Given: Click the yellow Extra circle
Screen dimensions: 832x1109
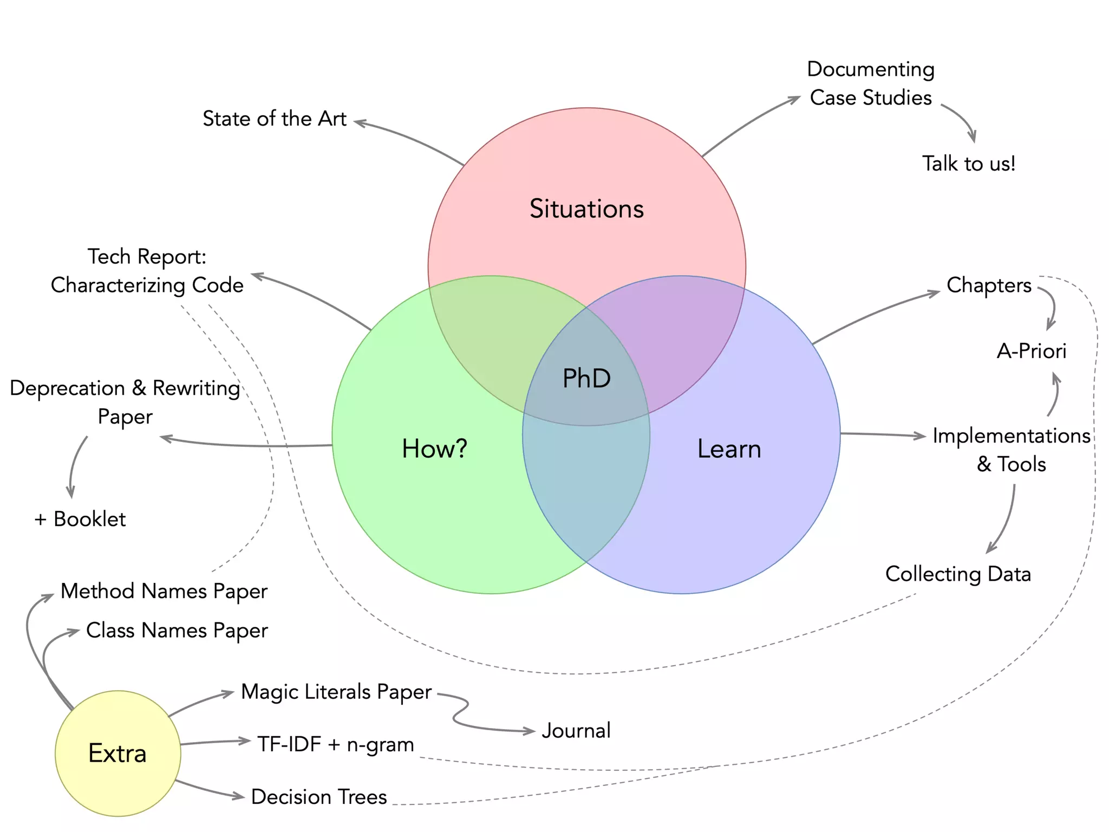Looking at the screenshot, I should point(118,753).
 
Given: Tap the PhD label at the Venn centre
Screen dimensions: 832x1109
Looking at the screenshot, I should point(586,378).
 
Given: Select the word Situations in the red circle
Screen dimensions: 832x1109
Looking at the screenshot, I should point(586,209).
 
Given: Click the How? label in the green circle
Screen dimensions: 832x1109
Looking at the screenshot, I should point(434,448).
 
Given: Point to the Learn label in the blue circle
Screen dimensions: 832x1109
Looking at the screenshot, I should point(729,449).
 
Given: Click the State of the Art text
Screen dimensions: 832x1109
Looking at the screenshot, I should point(275,119).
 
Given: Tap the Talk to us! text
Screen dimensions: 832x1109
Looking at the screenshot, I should point(969,164).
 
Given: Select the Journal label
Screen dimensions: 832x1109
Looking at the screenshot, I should point(576,731).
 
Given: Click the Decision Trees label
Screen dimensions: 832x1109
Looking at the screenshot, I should point(319,797).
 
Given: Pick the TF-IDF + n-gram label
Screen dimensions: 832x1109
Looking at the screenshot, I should point(335,744).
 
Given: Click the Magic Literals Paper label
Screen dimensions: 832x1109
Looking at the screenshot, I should point(336,692).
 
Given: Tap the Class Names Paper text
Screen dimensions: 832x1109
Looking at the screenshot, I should point(177,630).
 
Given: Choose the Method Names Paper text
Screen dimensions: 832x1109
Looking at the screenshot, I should point(164,591).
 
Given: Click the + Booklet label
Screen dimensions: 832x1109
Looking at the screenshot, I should point(80,519).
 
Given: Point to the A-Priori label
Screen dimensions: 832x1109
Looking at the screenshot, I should point(1032,351).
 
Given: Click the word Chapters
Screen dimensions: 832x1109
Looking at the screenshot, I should point(989,285).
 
